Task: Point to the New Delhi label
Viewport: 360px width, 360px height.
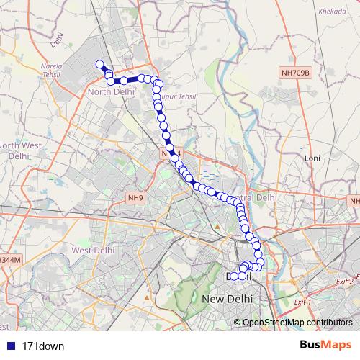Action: (229, 299)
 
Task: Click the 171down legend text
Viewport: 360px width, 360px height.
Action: (43, 346)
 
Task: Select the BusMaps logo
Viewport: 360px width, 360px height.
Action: (325, 346)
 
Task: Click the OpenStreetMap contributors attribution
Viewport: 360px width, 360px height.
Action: (297, 323)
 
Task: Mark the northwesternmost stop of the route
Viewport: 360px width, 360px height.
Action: (100, 65)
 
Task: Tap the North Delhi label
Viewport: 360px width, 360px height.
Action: (108, 92)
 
